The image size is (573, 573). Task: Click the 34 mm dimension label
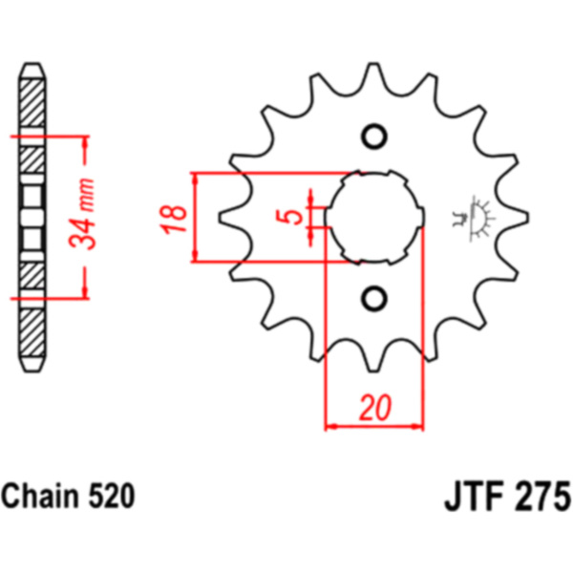click(x=82, y=214)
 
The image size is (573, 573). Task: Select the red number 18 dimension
click(x=173, y=219)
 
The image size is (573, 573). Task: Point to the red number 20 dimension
click(x=375, y=407)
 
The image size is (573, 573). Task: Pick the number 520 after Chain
click(x=111, y=496)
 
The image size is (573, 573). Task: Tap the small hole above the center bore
click(x=374, y=137)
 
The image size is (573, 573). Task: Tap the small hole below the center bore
click(x=374, y=299)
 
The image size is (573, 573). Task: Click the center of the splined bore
click(x=375, y=218)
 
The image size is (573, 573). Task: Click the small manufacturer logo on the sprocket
click(x=474, y=218)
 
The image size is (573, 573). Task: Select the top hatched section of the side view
click(x=32, y=103)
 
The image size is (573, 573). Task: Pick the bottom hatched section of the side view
click(x=32, y=333)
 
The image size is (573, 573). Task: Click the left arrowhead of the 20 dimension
click(x=331, y=426)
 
